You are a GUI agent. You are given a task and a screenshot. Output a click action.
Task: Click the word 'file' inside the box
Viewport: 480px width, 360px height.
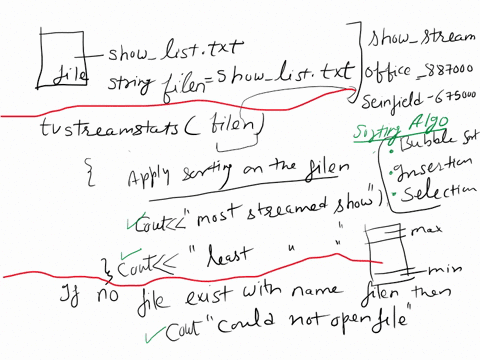point(70,74)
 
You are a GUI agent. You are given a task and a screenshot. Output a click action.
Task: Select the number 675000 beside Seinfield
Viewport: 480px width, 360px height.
point(452,97)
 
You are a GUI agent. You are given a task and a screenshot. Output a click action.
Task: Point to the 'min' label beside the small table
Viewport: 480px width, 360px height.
point(439,270)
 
